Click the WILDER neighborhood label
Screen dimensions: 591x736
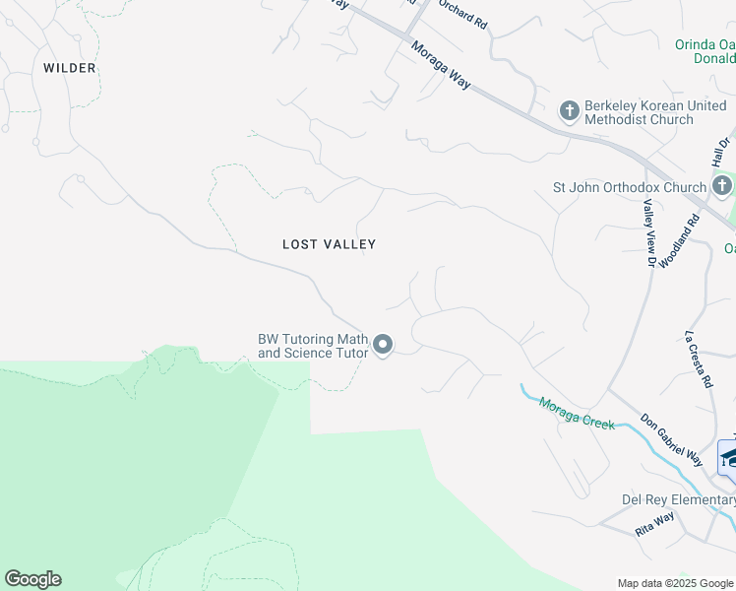(69, 68)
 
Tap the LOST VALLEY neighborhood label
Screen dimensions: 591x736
(329, 244)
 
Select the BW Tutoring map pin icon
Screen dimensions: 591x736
(383, 345)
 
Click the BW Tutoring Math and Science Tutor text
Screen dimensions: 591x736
(313, 345)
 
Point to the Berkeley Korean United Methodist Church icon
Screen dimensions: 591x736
(569, 111)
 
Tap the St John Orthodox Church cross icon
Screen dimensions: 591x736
(722, 186)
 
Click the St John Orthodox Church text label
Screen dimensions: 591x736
(630, 187)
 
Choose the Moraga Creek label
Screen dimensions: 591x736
(577, 412)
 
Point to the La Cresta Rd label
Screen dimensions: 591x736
(698, 359)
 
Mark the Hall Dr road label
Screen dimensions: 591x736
(721, 151)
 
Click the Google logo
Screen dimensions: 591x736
(32, 579)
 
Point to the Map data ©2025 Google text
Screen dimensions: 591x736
(675, 583)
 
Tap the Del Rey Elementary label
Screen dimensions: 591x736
(677, 499)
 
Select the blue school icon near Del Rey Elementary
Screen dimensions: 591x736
(728, 456)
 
